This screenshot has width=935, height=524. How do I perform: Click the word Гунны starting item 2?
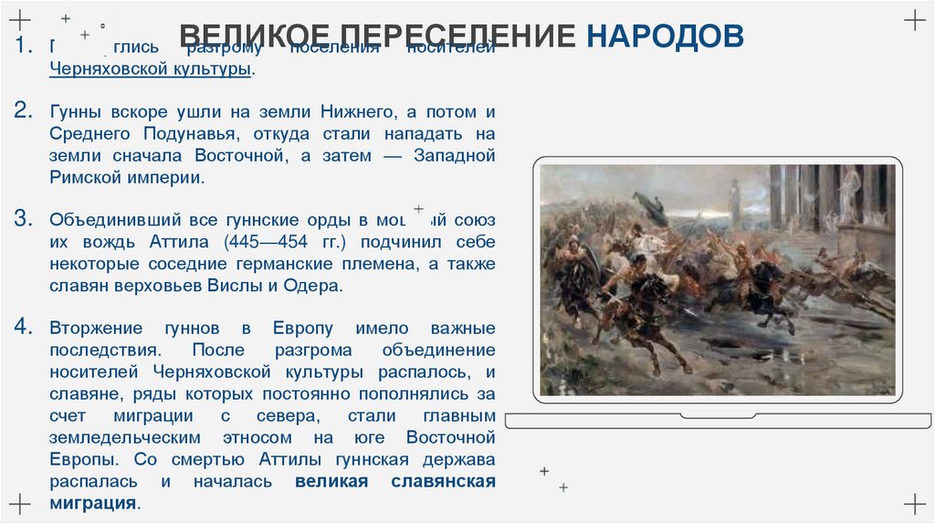pyautogui.click(x=75, y=112)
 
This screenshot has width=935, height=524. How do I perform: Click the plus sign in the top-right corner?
pyautogui.click(x=913, y=20)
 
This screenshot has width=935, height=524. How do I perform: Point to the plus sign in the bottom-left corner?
pyautogui.click(x=21, y=503)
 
